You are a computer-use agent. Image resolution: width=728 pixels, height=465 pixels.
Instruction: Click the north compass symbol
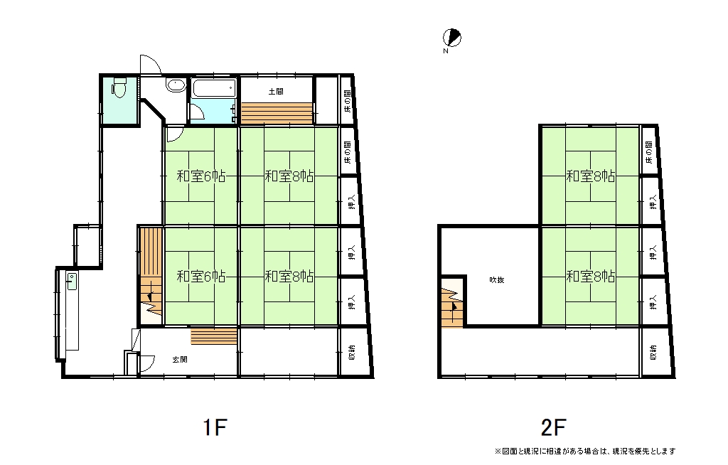451,38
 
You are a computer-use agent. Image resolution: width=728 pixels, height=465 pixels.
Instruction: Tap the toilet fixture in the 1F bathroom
119,87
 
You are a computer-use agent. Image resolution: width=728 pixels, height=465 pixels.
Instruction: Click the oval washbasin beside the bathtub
176,85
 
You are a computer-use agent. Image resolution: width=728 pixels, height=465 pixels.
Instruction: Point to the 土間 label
276,92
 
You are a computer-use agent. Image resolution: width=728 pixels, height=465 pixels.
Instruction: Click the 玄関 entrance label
180,360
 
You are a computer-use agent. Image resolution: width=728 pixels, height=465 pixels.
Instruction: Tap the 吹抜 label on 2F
497,279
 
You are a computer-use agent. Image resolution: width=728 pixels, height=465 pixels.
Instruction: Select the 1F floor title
215,427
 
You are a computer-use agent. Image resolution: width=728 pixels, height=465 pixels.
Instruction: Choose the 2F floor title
553,427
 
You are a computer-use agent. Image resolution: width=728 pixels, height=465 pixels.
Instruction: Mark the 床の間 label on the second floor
648,152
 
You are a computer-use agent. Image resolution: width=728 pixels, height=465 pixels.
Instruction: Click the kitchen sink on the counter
72,281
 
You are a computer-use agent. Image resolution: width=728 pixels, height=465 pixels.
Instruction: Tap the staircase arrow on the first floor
149,296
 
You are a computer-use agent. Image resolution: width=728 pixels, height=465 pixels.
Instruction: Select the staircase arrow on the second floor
454,306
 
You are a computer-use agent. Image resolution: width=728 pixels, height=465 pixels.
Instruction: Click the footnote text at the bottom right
585,451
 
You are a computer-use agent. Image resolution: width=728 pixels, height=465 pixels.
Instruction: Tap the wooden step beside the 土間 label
277,113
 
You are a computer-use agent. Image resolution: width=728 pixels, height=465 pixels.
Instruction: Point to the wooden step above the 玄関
213,336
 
